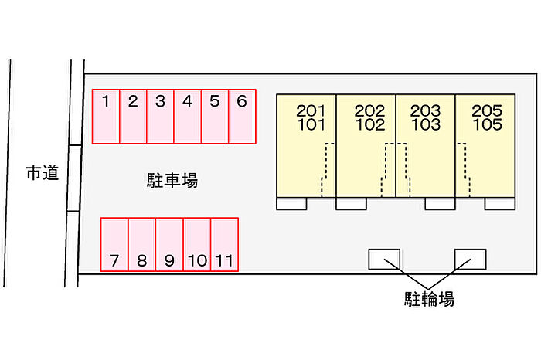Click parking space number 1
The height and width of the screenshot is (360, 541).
pos(106,116)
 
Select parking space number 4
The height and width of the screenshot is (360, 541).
pos(187,116)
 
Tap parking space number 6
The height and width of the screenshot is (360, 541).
pos(242,116)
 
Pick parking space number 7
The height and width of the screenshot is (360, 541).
pos(114,244)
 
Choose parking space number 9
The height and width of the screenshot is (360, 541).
pos(169,244)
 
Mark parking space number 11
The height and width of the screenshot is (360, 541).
pos(225,244)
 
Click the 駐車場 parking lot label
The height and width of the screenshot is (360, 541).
pos(172,180)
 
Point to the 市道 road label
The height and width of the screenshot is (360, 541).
pos(42,173)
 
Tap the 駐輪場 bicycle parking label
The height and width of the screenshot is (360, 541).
pos(429,299)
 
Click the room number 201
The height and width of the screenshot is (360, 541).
pos(311,110)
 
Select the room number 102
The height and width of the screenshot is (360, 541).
pos(370,124)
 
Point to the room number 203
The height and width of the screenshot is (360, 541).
pos(425,110)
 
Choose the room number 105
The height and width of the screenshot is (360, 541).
pos(487,124)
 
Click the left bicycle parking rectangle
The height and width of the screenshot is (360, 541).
pos(384,260)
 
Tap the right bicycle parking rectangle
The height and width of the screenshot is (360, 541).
pos(470,260)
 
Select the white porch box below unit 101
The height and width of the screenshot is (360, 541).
pos(291,203)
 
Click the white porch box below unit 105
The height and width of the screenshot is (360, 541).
pos(500,203)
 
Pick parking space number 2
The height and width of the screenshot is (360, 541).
pos(133,116)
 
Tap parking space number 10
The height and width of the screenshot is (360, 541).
pos(197,244)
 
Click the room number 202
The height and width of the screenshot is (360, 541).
pos(369,110)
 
